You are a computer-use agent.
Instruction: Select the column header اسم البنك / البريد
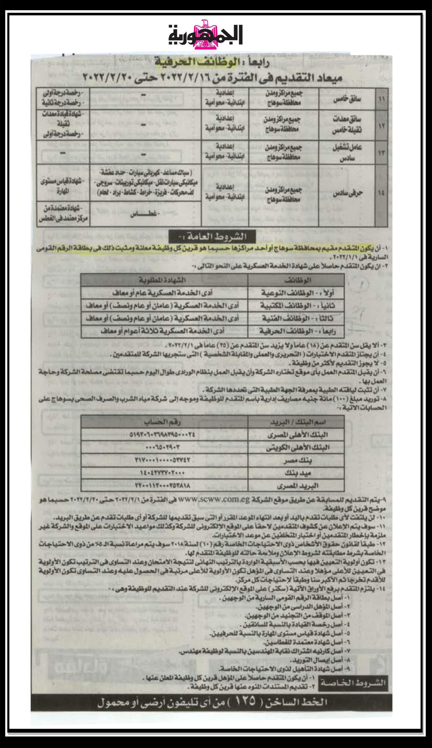296,421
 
